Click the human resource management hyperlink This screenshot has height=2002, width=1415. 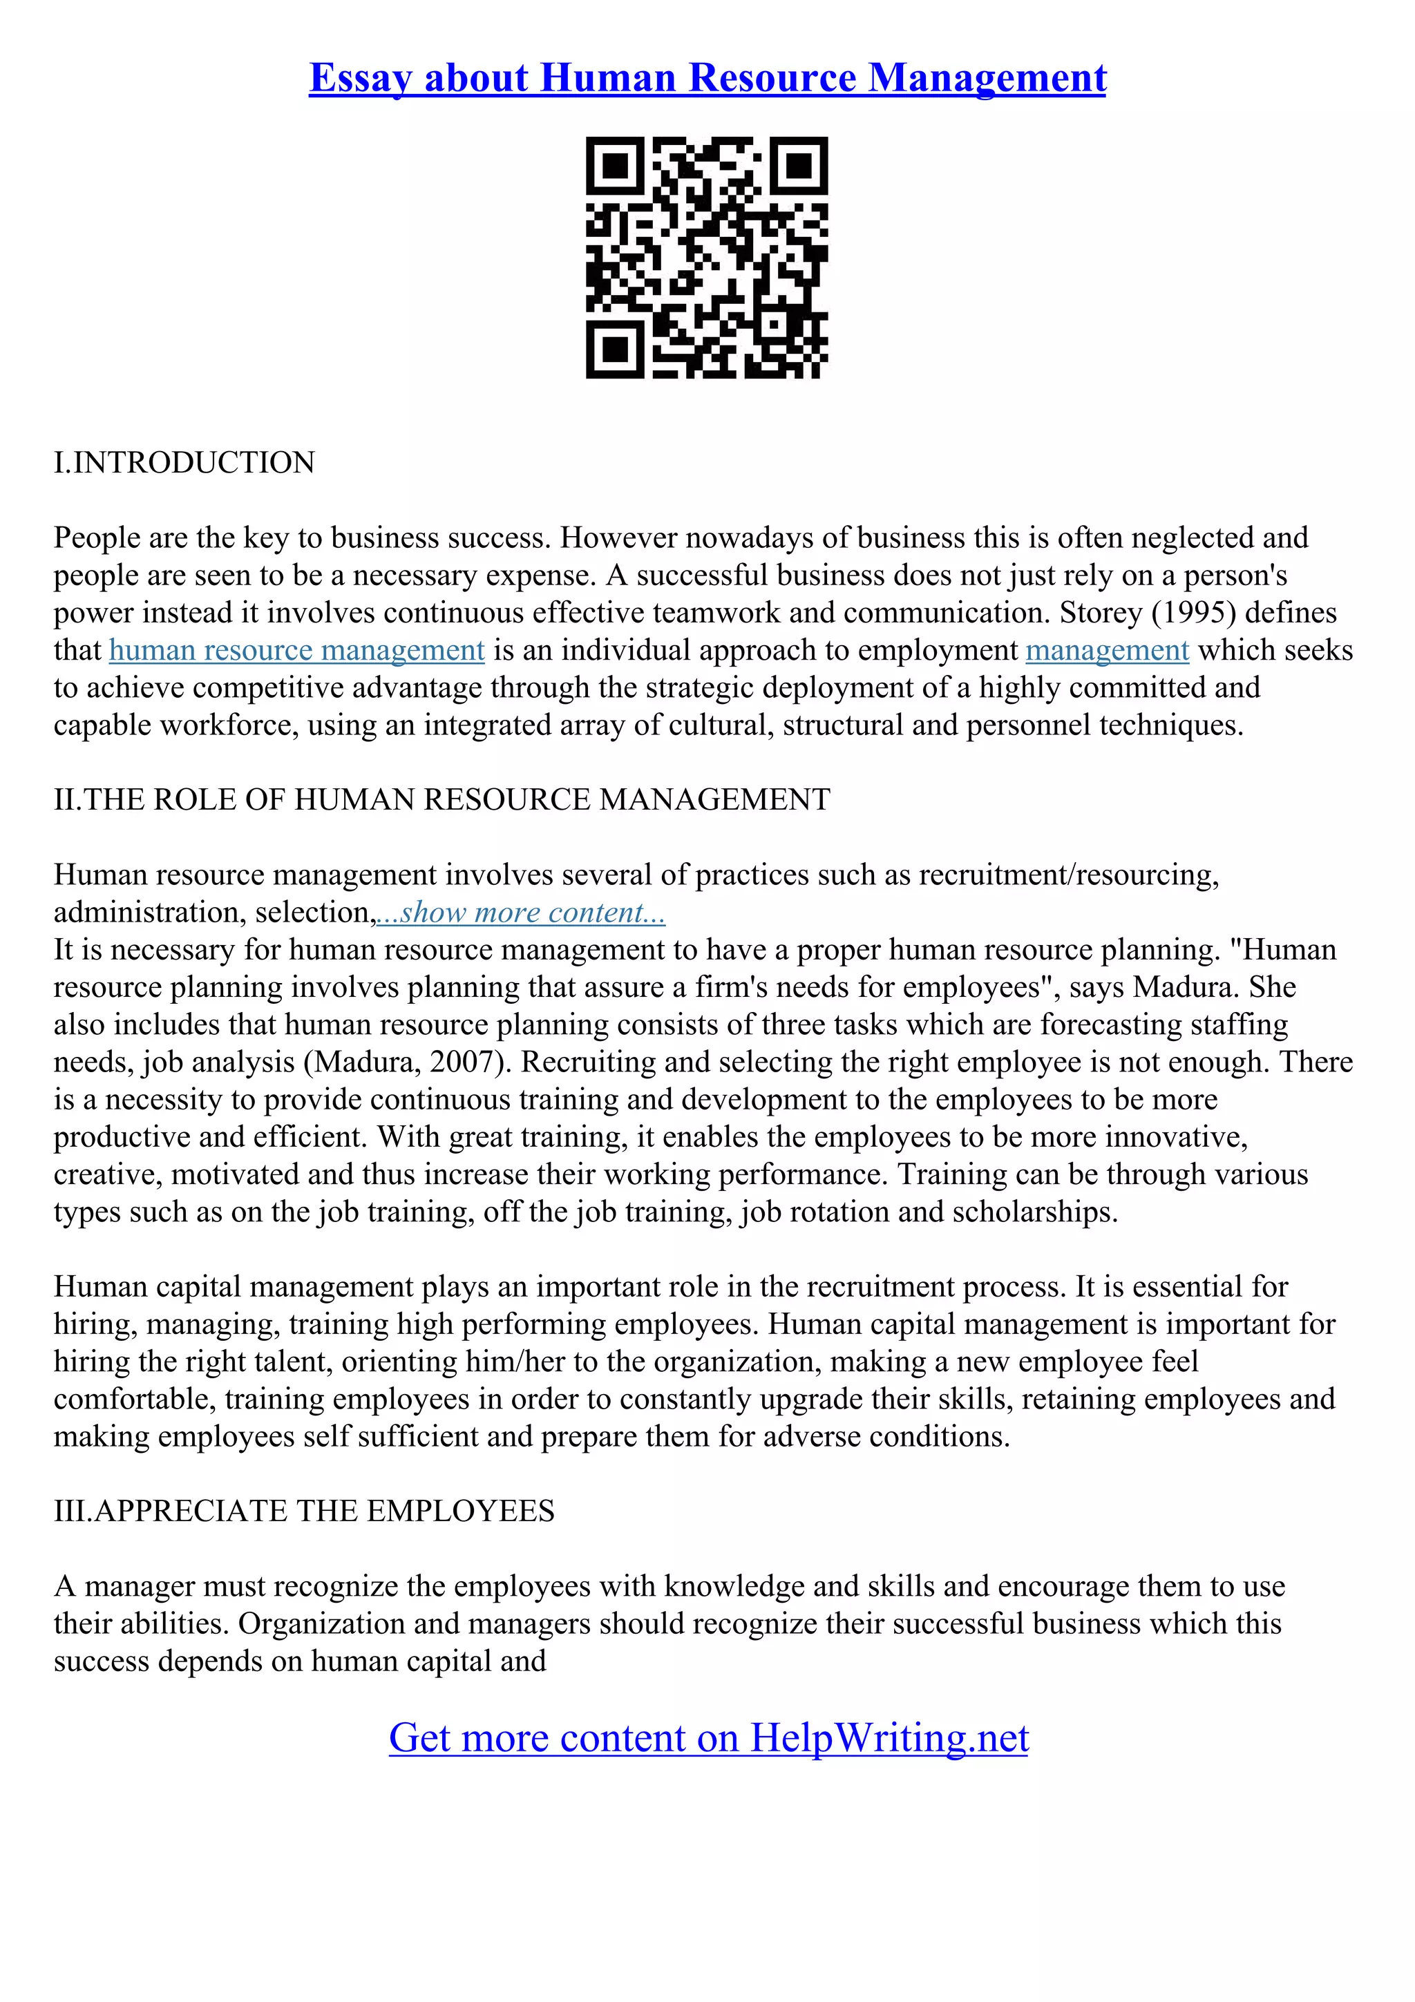point(296,651)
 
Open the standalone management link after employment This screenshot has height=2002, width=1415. point(1108,651)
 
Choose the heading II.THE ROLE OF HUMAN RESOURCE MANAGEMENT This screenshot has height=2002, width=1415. point(442,799)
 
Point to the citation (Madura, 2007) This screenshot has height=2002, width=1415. point(407,1062)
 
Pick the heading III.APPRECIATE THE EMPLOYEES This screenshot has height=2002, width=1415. point(304,1511)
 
